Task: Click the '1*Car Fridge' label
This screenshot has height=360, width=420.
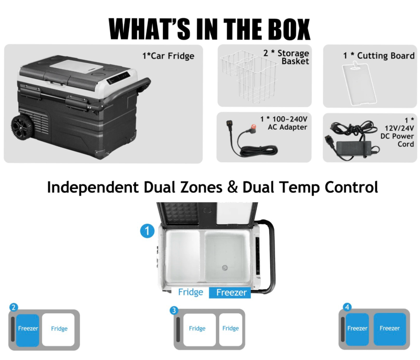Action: (x=168, y=56)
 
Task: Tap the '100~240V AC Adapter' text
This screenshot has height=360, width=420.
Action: (x=283, y=123)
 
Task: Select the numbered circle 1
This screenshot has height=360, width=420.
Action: (x=147, y=231)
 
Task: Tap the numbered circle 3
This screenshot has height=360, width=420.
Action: (x=174, y=310)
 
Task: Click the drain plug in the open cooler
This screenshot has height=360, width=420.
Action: (x=224, y=268)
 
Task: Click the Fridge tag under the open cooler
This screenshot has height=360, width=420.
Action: (x=190, y=292)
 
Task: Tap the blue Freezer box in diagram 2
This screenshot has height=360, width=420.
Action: (x=28, y=329)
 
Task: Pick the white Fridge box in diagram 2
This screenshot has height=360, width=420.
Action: (x=59, y=329)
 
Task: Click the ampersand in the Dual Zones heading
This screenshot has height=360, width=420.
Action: (x=233, y=187)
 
